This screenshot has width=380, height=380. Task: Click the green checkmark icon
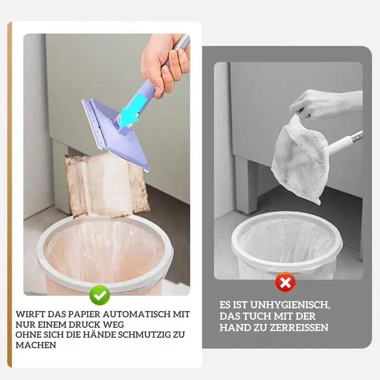click(100, 295)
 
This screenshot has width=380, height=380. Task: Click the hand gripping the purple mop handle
click(164, 62)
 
